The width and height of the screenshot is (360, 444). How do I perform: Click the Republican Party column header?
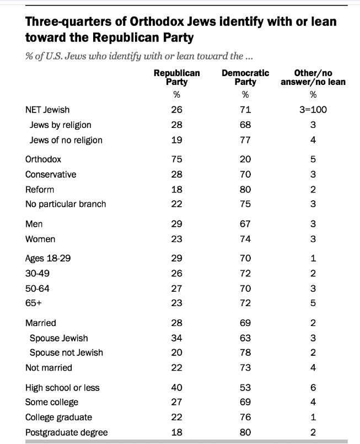point(176,77)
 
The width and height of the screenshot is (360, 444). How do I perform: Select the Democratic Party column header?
point(245,77)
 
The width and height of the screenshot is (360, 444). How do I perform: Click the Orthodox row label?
point(43,159)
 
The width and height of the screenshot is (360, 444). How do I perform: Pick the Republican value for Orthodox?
point(177,159)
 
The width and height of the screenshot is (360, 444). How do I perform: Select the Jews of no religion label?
point(66,140)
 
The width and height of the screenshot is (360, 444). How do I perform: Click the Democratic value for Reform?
point(245,189)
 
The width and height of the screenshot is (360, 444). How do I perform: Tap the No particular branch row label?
point(66,204)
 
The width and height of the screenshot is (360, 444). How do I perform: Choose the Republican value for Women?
point(177,239)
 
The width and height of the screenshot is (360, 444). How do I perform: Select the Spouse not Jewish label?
point(66,352)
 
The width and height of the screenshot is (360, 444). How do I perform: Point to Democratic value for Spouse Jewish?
point(245,338)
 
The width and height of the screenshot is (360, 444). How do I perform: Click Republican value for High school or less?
point(177,388)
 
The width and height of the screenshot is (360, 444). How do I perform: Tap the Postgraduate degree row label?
point(66,432)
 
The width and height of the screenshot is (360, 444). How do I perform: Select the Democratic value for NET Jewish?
point(245,110)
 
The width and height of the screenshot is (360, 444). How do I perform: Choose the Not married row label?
point(49,367)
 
